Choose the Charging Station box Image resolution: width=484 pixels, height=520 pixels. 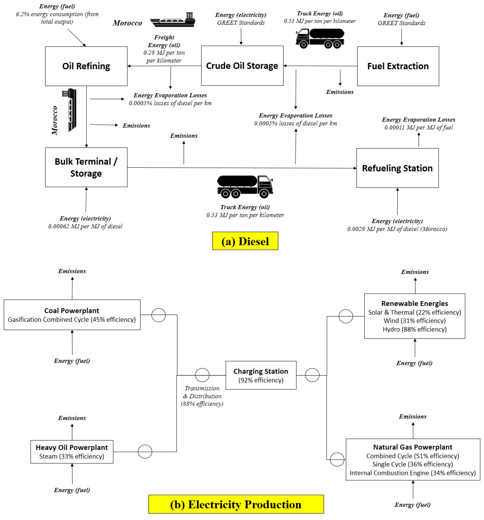261,375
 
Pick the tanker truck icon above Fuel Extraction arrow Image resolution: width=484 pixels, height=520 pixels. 320,38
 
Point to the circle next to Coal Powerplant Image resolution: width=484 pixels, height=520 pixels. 158,315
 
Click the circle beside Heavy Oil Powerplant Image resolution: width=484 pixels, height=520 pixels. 145,451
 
